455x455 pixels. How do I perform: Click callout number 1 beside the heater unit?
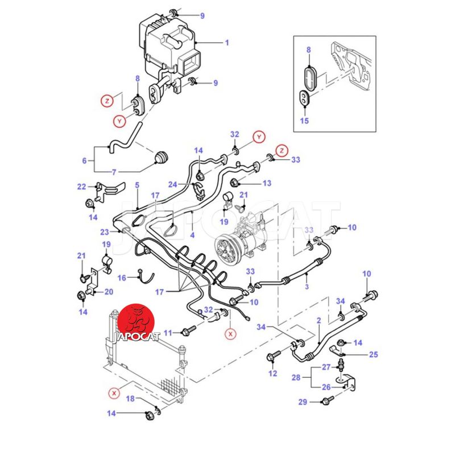point(226,43)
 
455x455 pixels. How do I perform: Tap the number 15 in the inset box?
point(304,121)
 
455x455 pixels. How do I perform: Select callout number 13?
point(266,183)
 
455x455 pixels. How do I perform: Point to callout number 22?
point(81,186)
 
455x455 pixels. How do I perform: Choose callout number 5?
point(136,185)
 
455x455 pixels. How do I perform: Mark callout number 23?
point(104,231)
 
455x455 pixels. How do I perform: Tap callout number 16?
point(122,278)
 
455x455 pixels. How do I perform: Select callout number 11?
point(167,332)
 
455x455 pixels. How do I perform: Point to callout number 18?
point(130,399)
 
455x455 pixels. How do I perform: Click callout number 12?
point(272,373)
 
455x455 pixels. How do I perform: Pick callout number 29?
point(303,402)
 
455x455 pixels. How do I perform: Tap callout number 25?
point(373,355)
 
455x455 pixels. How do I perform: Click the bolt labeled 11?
point(189,330)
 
